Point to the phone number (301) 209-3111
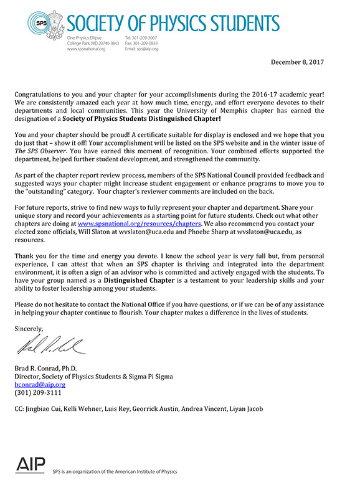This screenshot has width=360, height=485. pos(39,393)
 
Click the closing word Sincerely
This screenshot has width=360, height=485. pos(31,327)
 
